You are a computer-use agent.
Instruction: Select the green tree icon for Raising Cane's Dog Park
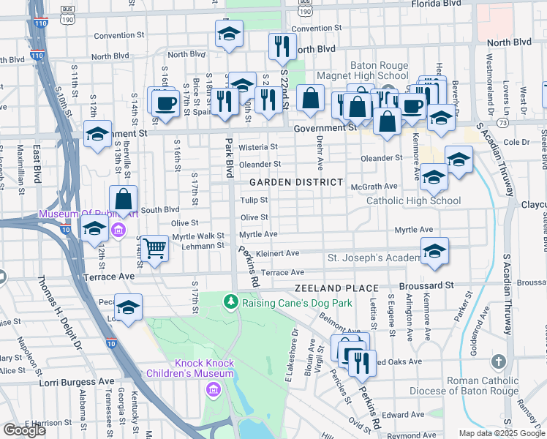(x=231, y=301)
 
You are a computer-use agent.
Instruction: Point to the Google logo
(x=24, y=429)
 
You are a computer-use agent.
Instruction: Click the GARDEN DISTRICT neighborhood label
(x=295, y=181)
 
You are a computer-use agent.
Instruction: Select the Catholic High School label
(x=413, y=200)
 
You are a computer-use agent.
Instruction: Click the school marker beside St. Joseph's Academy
(x=434, y=251)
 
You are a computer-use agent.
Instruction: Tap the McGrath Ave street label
(x=374, y=187)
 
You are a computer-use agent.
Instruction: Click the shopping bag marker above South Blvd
(x=124, y=199)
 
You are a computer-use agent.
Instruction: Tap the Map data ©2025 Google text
(x=501, y=433)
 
